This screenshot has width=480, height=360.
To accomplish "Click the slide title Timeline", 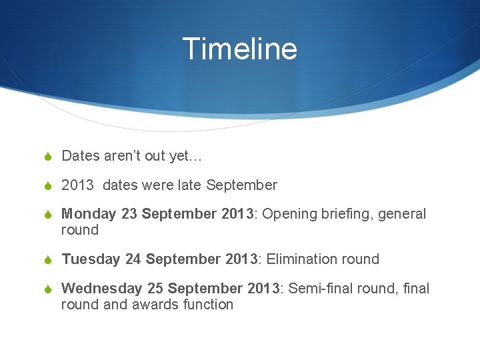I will click(239, 49).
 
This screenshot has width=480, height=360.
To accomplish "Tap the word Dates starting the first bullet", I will click(80, 156).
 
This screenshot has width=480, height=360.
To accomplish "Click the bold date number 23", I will click(129, 214).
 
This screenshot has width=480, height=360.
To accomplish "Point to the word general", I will click(402, 214).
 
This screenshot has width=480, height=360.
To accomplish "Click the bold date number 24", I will click(133, 259).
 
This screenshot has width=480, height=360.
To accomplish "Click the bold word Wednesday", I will click(101, 289).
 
